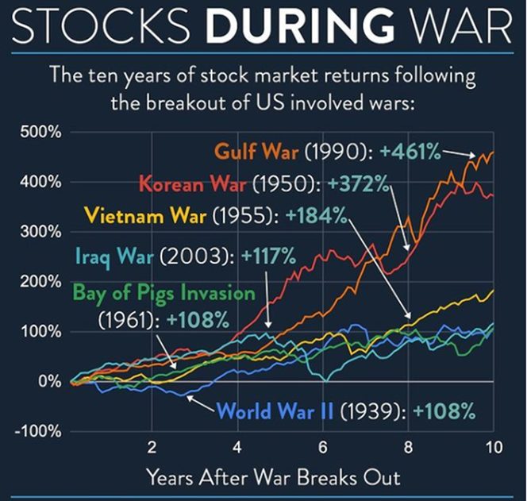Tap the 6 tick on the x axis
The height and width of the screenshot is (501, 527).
(x=322, y=448)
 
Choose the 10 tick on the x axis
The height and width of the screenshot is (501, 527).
(x=493, y=448)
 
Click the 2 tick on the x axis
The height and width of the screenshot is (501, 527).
(x=152, y=448)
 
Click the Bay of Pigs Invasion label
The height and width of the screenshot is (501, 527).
(x=165, y=293)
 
